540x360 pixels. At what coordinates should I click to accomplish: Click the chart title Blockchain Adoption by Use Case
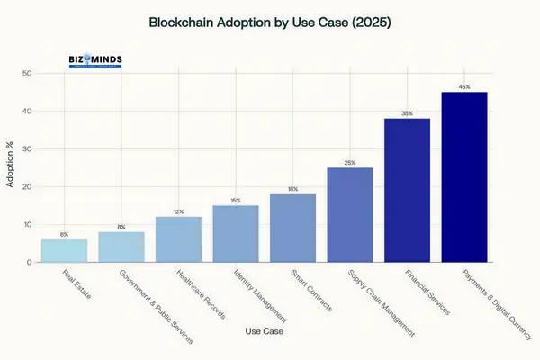click(269, 19)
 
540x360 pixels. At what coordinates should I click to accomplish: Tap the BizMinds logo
click(97, 62)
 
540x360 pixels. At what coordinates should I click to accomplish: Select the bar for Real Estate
click(64, 251)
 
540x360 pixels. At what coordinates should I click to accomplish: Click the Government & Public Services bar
click(121, 247)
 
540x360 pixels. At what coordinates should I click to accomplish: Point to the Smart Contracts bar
click(292, 229)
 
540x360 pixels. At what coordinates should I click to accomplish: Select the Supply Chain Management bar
click(349, 215)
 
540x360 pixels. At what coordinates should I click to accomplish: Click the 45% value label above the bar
click(463, 87)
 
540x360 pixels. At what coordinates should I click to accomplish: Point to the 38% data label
click(407, 113)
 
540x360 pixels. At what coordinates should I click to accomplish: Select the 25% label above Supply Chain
click(349, 163)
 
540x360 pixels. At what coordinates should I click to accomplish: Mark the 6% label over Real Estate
click(64, 234)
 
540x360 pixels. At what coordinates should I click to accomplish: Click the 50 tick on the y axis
click(29, 74)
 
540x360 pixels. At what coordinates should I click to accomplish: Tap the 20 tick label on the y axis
click(29, 187)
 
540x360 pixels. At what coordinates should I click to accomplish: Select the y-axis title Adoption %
click(11, 168)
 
